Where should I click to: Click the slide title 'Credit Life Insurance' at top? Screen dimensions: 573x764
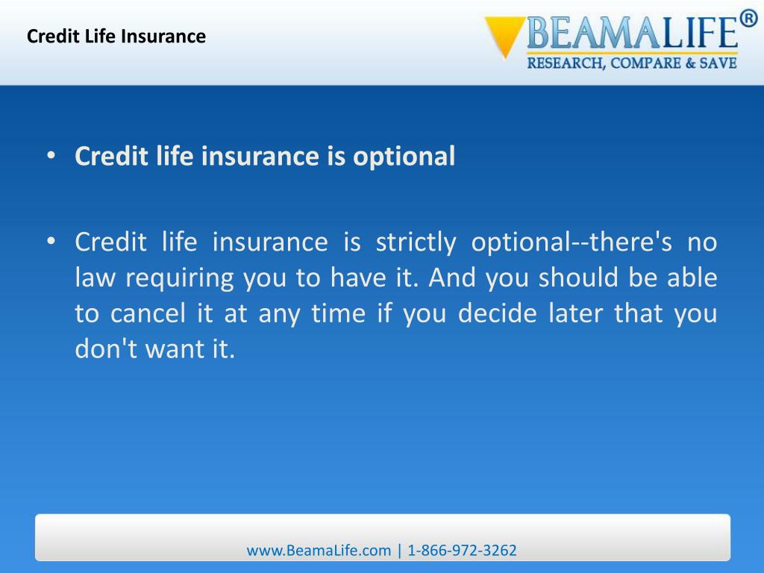coord(116,36)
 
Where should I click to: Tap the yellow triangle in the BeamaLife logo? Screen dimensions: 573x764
coord(504,34)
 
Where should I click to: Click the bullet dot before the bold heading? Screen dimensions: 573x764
coord(51,157)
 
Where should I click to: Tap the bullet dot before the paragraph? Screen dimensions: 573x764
coord(51,242)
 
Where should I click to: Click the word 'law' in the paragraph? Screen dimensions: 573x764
coord(95,278)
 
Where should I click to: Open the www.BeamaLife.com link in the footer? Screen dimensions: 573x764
coord(319,551)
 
